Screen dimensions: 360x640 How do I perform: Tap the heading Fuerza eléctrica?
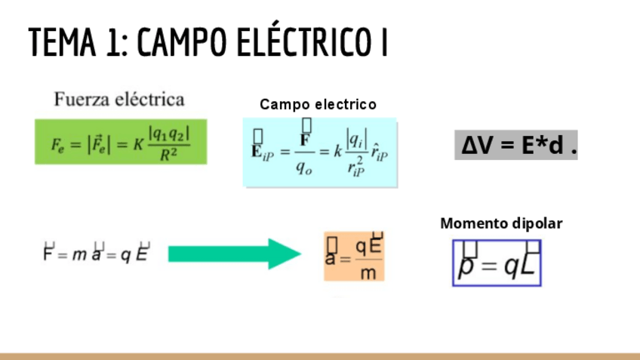119,99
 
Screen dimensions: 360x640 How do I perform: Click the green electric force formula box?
120,141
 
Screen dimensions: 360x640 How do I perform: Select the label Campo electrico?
318,104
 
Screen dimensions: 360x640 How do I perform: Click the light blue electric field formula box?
320,152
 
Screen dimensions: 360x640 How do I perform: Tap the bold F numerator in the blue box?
306,139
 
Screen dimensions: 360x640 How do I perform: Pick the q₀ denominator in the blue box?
304,168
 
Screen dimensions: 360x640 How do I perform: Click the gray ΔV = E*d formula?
518,145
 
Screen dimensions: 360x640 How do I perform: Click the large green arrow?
234,254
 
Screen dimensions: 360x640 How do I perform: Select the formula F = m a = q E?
97,254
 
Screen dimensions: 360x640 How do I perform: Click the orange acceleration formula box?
354,257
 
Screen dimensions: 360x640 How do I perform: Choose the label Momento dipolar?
501,223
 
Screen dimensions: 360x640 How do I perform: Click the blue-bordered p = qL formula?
497,263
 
